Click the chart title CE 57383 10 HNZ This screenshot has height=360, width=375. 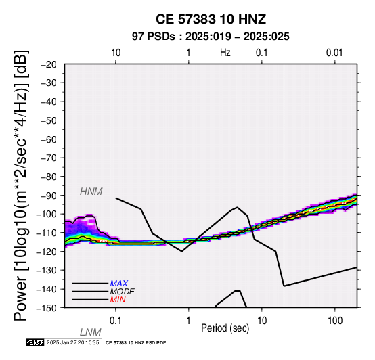click(x=211, y=19)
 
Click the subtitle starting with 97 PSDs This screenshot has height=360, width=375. click(x=211, y=37)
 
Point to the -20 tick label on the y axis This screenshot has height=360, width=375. click(x=49, y=64)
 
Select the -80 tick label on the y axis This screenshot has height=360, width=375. click(x=49, y=177)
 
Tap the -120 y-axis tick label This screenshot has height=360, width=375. click(x=47, y=252)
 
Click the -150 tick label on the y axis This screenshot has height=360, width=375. click(x=47, y=308)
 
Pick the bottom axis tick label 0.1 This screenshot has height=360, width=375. click(x=116, y=321)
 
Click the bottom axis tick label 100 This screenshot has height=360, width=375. click(x=335, y=321)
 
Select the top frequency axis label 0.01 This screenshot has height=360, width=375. click(x=334, y=53)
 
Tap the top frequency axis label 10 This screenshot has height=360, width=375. click(x=116, y=53)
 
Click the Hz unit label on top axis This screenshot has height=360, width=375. click(x=225, y=53)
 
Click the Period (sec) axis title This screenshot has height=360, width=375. click(x=225, y=328)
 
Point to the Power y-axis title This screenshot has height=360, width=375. click(x=20, y=186)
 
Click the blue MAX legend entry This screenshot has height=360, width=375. click(x=119, y=284)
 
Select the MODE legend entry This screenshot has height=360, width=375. click(x=123, y=292)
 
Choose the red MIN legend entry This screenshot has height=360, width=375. click(x=118, y=300)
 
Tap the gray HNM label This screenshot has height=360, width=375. click(x=91, y=192)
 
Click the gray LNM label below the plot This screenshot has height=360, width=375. click(x=91, y=332)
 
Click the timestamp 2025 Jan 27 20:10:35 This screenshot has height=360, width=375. click(x=72, y=342)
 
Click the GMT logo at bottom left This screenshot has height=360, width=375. click(x=35, y=342)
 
